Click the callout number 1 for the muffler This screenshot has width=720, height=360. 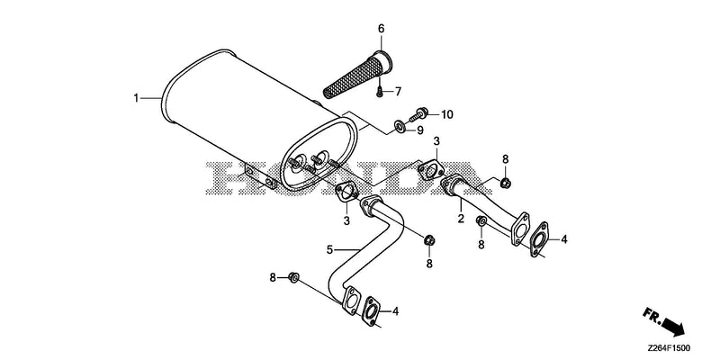point(136,98)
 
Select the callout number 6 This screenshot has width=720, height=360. point(381,29)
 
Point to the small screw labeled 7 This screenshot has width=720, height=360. point(380,93)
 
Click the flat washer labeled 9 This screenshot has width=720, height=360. point(399,125)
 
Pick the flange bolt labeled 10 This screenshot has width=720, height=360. point(418,114)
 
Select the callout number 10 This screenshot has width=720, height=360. point(447,114)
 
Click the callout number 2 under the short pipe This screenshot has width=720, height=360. point(461,219)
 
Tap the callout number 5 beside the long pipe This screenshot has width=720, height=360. point(329,250)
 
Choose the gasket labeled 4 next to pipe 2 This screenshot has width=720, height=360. point(538,239)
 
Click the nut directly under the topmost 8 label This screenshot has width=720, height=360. point(506,183)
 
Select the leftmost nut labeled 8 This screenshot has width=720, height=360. point(293,277)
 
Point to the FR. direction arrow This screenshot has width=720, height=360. point(663,321)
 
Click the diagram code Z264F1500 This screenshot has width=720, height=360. point(669,348)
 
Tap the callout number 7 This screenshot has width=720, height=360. point(398,92)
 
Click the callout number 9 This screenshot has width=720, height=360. point(419,130)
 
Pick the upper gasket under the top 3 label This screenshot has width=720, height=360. point(431,170)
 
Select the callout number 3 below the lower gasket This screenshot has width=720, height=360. point(346,220)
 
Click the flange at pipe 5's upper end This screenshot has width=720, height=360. point(372,205)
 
